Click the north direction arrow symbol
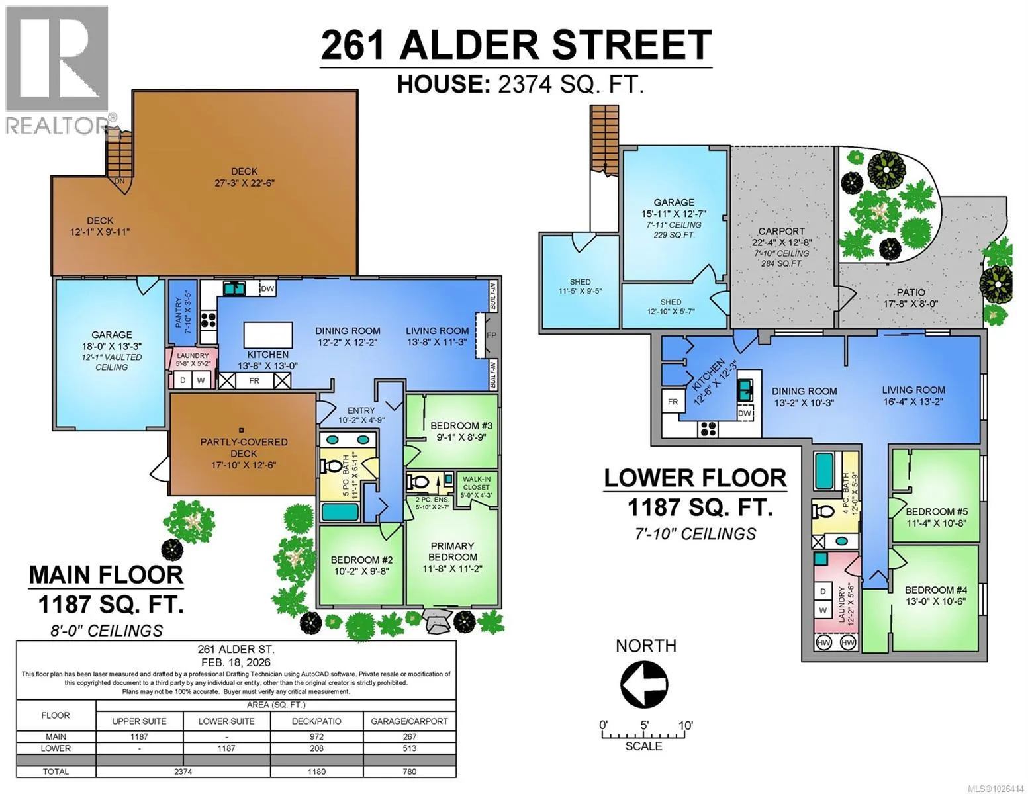[644, 684]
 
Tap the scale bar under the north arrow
[643, 735]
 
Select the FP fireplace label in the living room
[492, 335]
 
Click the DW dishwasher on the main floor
[267, 288]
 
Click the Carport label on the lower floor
[781, 231]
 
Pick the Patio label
[911, 292]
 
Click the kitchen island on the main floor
[268, 335]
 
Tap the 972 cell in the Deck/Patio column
[316, 736]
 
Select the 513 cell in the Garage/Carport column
[409, 748]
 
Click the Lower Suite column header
[226, 721]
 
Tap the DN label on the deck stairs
[119, 181]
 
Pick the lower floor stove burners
[708, 429]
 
